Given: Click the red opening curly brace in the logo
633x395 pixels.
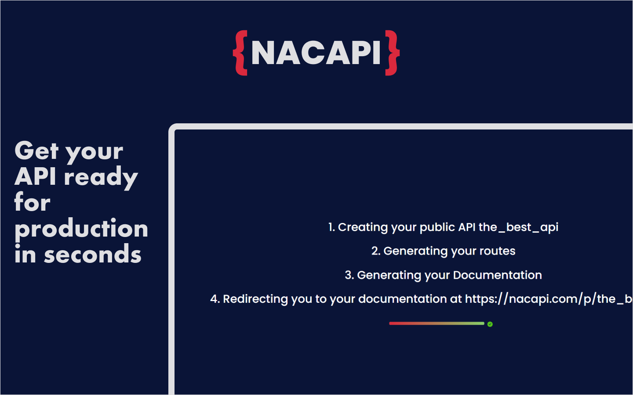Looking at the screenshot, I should pyautogui.click(x=240, y=53).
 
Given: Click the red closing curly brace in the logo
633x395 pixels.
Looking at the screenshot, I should pyautogui.click(x=393, y=53).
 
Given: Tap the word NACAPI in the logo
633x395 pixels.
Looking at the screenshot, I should pyautogui.click(x=316, y=53).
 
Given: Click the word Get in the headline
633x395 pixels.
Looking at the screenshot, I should pyautogui.click(x=36, y=151).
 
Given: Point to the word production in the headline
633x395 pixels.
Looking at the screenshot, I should pyautogui.click(x=81, y=229).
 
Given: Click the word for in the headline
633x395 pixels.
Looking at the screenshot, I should pyautogui.click(x=32, y=203).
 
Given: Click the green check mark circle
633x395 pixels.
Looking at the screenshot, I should pyautogui.click(x=490, y=324).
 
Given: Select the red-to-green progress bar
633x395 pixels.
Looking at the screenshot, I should pyautogui.click(x=437, y=323).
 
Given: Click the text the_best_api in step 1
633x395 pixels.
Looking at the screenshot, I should pyautogui.click(x=518, y=227).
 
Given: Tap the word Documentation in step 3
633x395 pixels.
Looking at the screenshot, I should pyautogui.click(x=497, y=275).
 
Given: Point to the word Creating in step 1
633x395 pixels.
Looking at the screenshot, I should pyautogui.click(x=363, y=227).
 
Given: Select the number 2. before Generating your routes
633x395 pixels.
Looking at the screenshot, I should pyautogui.click(x=376, y=251).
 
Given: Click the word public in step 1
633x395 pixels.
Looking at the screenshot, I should pyautogui.click(x=437, y=227).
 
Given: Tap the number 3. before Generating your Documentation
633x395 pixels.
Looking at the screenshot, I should pyautogui.click(x=349, y=275).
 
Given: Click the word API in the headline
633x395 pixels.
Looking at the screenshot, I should pyautogui.click(x=35, y=177).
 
